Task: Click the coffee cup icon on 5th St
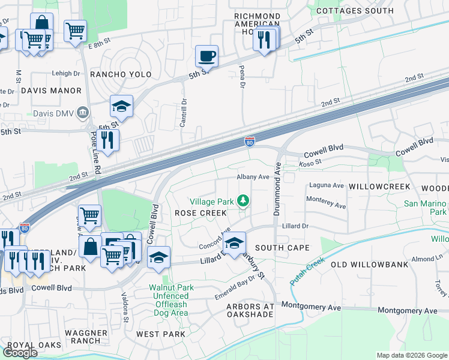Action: tap(206, 56)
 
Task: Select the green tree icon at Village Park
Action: tap(244, 201)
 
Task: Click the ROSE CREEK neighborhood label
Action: tap(200, 213)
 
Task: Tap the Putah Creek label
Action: tap(307, 271)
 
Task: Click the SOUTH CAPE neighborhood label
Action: tap(282, 248)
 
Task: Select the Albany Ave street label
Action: tap(253, 177)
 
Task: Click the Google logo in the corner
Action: tap(20, 352)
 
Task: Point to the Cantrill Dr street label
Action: tap(184, 113)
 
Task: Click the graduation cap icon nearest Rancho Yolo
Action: tap(121, 107)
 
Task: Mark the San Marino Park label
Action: tap(426, 208)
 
